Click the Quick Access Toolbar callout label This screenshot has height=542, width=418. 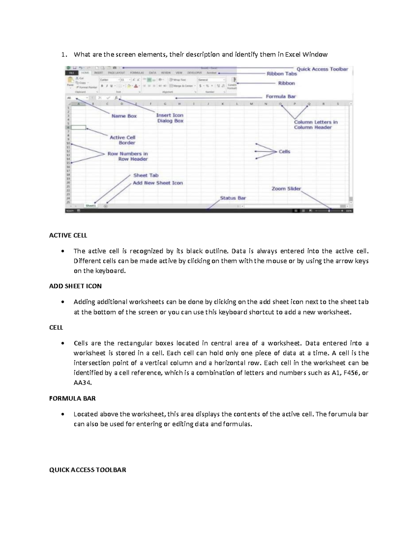(322, 69)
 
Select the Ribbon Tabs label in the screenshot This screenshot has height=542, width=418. (281, 74)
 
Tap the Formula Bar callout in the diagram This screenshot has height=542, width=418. (281, 96)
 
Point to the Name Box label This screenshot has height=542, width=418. (124, 116)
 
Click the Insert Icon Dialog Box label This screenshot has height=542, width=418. (170, 118)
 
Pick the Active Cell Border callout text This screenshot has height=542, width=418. (123, 140)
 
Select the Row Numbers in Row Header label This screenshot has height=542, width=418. (128, 156)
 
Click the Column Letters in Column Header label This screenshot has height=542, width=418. (316, 125)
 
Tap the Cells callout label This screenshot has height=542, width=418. (284, 151)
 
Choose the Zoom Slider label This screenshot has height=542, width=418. (286, 188)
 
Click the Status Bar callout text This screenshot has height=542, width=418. (233, 198)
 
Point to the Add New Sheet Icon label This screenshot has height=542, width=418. (157, 183)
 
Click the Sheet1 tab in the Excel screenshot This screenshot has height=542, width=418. (91, 206)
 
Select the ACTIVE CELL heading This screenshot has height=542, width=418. (68, 235)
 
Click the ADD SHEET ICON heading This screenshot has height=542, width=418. (75, 286)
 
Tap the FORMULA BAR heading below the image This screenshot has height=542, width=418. (72, 398)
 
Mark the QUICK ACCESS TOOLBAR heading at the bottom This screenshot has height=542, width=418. (87, 470)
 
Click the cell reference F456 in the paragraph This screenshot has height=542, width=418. (350, 373)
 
